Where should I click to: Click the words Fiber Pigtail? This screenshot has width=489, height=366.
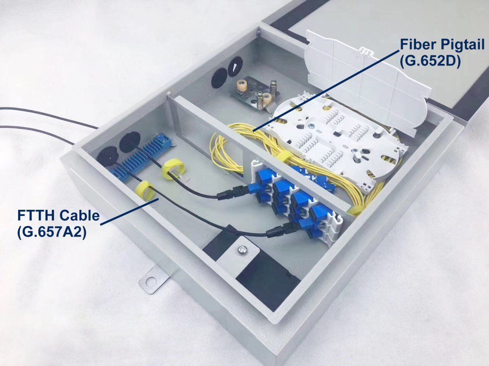coord(442,45)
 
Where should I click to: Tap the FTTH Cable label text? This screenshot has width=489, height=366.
coord(58,215)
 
